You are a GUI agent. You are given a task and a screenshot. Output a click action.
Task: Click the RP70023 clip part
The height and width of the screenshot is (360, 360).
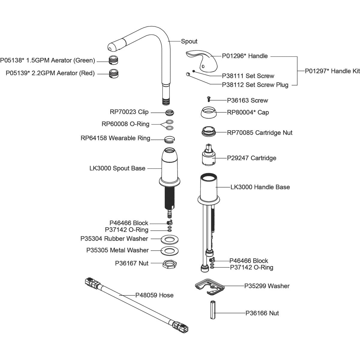coord(170,113)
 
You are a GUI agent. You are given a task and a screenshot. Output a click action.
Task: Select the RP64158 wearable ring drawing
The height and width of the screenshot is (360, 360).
coord(170,139)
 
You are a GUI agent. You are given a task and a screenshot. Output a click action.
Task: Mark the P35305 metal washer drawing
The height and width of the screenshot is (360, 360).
coord(169,250)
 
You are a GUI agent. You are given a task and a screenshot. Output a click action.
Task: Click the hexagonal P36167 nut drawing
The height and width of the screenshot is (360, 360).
coord(169,264)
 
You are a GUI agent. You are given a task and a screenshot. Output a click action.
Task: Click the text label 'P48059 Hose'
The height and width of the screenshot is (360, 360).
coord(154,295)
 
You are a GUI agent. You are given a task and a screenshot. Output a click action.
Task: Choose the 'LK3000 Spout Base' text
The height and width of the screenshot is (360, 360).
coord(117,168)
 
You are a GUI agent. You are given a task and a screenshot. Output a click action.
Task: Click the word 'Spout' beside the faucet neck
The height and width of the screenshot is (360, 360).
coord(189,41)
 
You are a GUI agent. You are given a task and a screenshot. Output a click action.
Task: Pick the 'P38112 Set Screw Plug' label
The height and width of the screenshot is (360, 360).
coord(255,85)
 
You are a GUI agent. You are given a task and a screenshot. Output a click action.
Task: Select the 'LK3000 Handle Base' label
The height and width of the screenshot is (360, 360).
coord(260,187)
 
